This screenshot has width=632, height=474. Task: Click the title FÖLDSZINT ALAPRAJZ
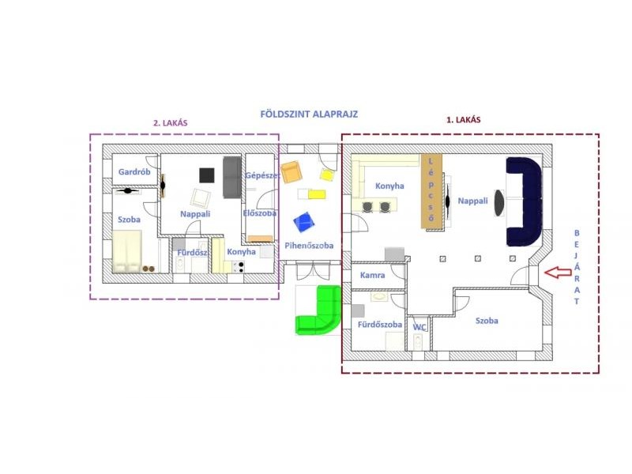tap(309, 114)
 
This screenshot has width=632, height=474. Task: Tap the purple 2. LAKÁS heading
tap(170, 123)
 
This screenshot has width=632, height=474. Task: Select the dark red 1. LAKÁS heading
tap(463, 120)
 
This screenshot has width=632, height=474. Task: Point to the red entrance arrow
tap(558, 273)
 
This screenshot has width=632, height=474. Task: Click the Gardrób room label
tap(134, 171)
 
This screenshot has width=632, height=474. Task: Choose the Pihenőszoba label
tap(309, 246)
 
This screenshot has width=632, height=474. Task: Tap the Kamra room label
tap(372, 275)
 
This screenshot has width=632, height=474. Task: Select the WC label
tap(419, 327)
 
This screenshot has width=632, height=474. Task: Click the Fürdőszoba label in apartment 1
tap(380, 325)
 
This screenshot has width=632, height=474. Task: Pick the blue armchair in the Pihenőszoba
tap(303, 222)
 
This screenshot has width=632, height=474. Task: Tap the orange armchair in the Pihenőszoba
tap(292, 172)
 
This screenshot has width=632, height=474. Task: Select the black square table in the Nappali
tap(207, 175)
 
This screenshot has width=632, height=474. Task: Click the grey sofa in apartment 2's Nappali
tap(232, 177)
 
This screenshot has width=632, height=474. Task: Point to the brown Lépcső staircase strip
tap(431, 190)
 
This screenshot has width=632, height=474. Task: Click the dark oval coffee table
tap(499, 203)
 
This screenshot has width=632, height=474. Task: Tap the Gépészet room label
tap(262, 175)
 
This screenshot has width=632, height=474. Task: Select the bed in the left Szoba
tap(127, 252)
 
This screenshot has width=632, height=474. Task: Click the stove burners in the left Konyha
tap(239, 266)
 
